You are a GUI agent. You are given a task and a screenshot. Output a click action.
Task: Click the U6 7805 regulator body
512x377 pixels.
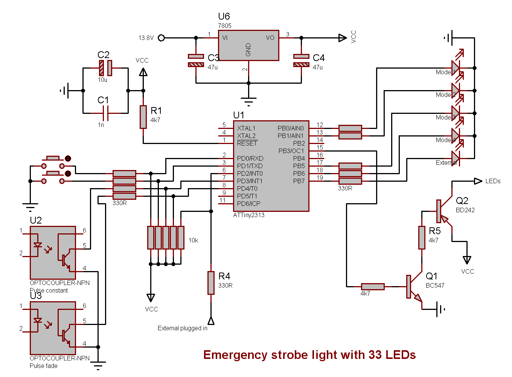click(x=248, y=45)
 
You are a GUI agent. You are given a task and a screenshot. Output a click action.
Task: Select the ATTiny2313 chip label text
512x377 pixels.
click(x=249, y=215)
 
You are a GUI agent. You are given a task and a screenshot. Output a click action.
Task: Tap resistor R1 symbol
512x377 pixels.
click(x=143, y=117)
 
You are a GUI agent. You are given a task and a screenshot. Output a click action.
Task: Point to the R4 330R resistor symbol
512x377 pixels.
click(x=211, y=283)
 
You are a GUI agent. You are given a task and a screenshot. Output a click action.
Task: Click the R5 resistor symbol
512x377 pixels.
click(x=422, y=238)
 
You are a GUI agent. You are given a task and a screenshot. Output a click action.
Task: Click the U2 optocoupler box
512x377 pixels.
click(x=53, y=253)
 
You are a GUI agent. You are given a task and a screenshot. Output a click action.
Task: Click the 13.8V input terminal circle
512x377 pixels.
click(x=161, y=38)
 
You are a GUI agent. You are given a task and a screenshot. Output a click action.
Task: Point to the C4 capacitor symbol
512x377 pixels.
click(x=301, y=60)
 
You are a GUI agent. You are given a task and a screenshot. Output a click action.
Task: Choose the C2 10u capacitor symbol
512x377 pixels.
click(x=105, y=68)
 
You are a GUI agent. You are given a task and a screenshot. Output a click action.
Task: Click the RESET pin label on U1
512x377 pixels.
click(x=247, y=143)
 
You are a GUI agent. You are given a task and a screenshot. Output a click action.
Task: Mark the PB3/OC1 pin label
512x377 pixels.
click(x=291, y=151)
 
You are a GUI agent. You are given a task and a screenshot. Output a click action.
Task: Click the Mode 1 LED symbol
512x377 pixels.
click(x=456, y=68)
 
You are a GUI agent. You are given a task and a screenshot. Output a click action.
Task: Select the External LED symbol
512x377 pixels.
click(x=456, y=158)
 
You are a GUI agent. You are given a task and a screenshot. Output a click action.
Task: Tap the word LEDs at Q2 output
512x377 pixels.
click(x=493, y=181)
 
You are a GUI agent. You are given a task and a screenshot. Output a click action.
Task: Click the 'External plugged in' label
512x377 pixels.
click(x=182, y=328)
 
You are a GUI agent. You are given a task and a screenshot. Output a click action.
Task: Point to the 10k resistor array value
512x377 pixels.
click(x=193, y=240)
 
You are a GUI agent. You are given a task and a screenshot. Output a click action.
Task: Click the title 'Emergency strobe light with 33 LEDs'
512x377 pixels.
click(x=309, y=355)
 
